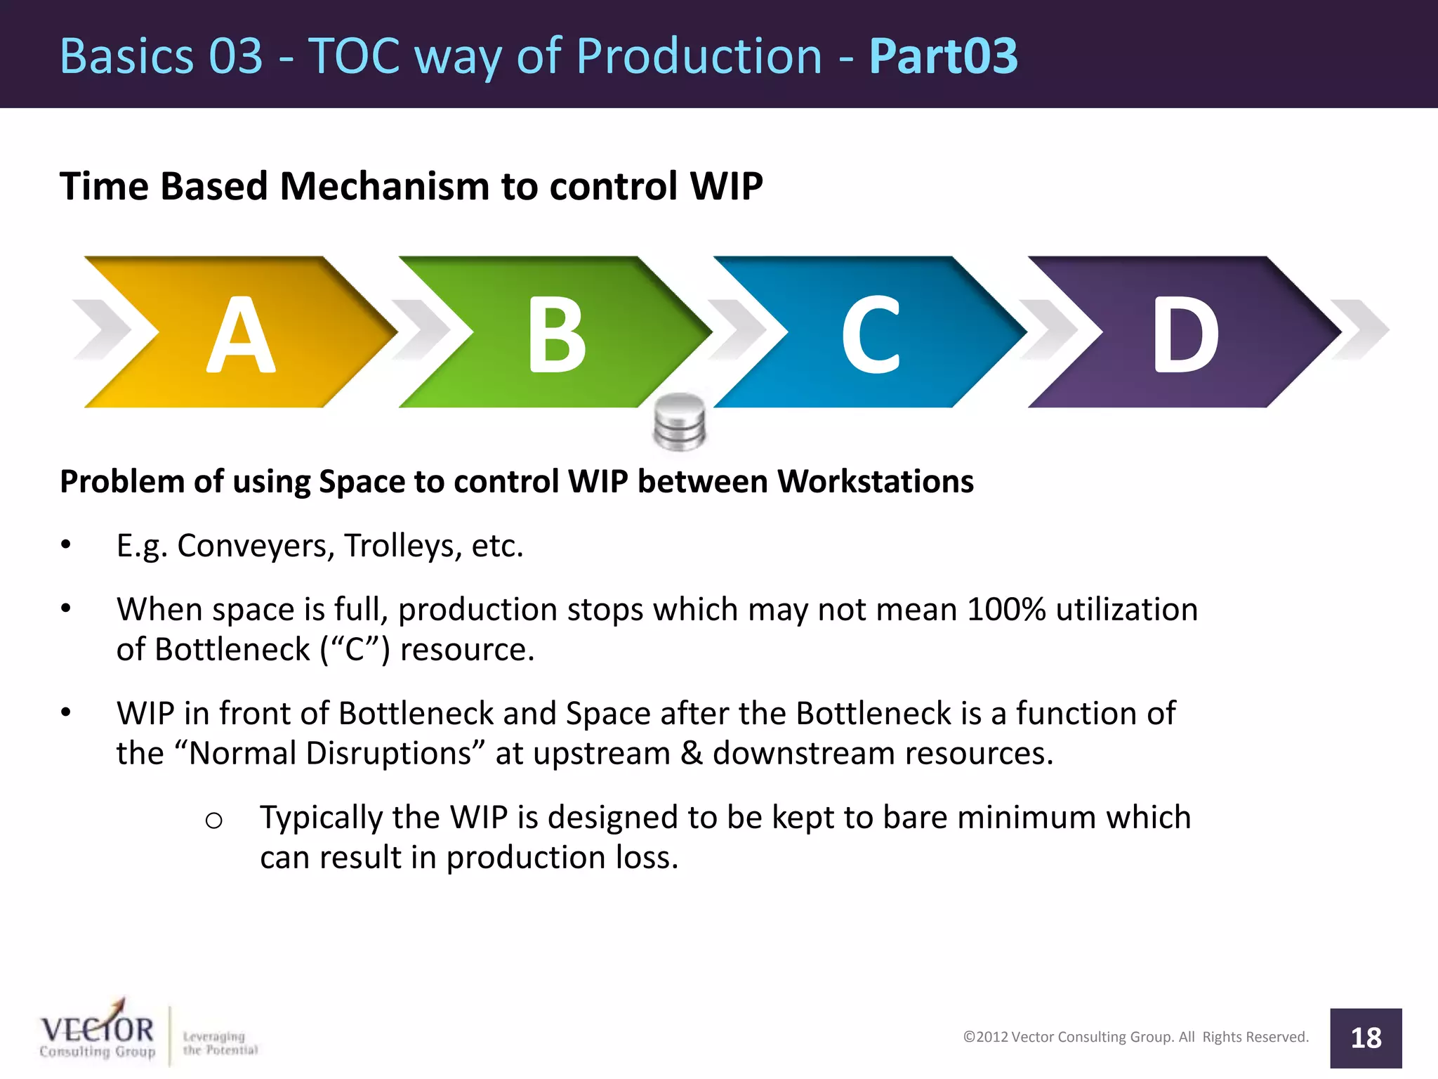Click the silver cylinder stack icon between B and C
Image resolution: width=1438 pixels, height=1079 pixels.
(679, 421)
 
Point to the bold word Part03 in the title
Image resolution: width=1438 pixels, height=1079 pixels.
(943, 55)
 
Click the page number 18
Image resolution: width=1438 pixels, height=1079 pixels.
(1366, 1038)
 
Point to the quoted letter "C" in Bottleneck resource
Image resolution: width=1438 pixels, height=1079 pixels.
(355, 649)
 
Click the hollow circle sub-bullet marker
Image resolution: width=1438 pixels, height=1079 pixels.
(214, 820)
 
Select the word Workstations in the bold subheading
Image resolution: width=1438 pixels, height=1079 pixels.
(875, 482)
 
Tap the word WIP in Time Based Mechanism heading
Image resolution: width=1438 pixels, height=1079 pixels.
(726, 187)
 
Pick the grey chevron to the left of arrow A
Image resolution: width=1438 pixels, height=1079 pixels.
(105, 330)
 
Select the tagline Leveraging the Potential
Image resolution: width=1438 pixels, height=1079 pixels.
(220, 1043)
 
